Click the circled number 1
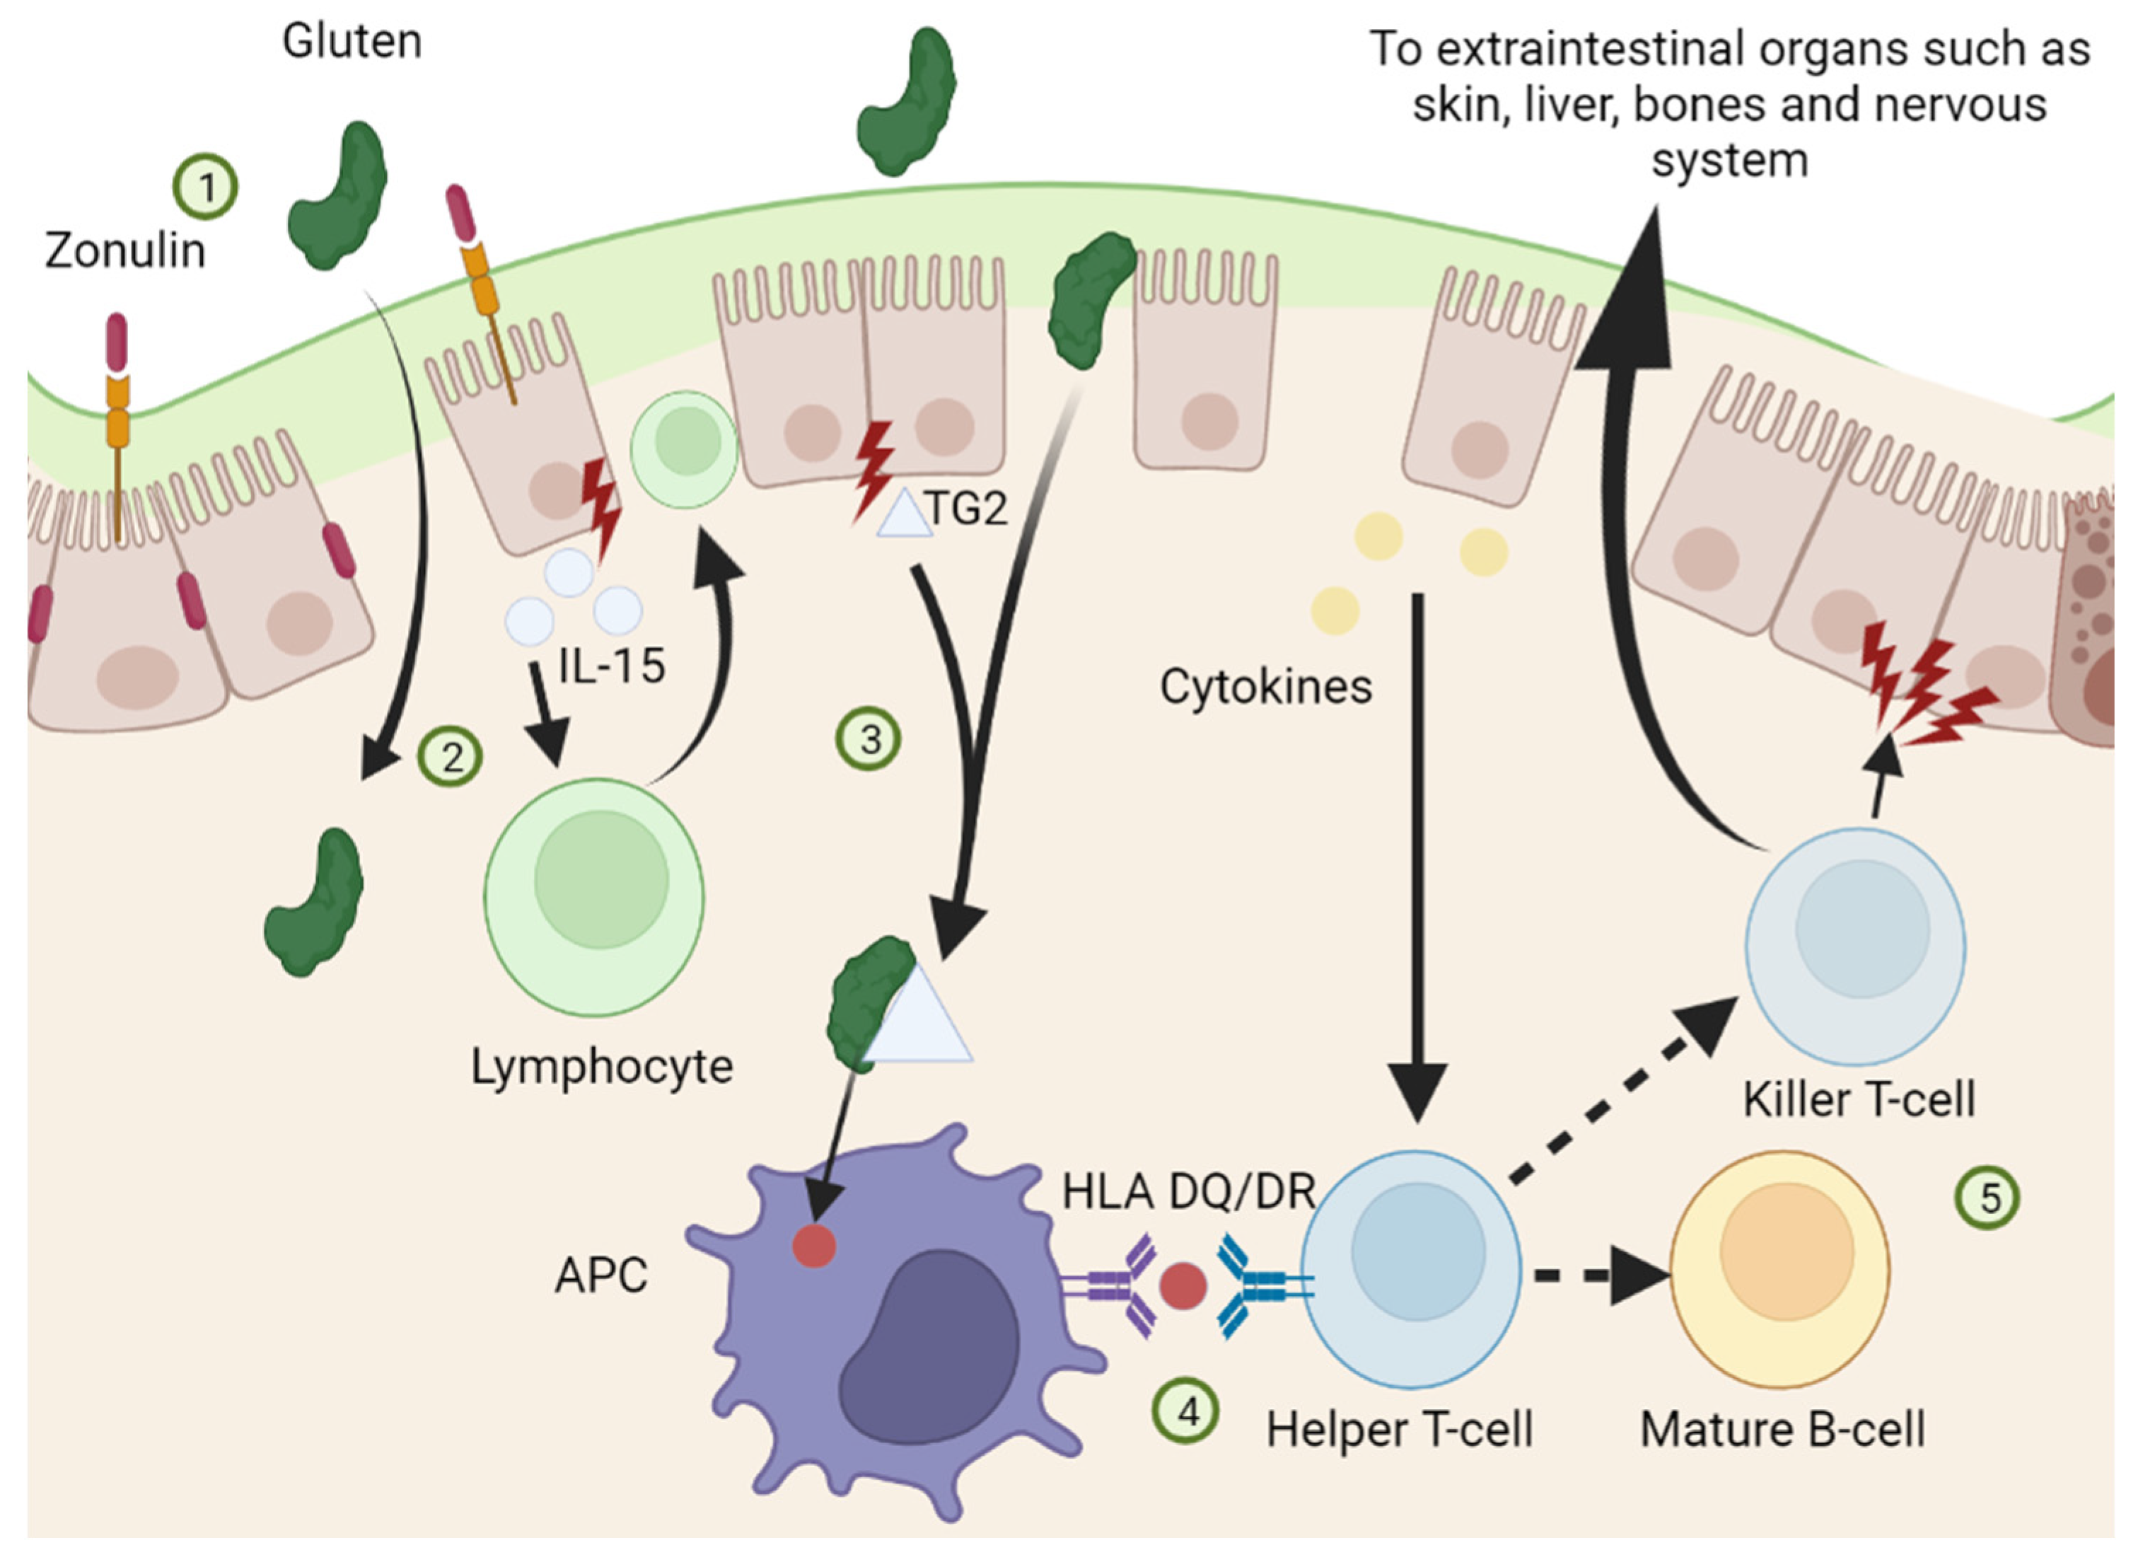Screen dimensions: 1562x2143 pyautogui.click(x=205, y=186)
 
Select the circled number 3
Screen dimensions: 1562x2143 pyautogui.click(x=869, y=739)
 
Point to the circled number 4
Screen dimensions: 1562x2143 pyautogui.click(x=1185, y=1411)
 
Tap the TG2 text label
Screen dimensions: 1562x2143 pyautogui.click(x=966, y=509)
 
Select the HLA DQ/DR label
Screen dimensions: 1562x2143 pyautogui.click(x=1189, y=1191)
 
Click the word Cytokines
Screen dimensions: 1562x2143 pyautogui.click(x=1266, y=686)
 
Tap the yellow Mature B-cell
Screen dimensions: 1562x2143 pyautogui.click(x=1780, y=1269)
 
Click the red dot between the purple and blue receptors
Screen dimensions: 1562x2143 pyautogui.click(x=1183, y=1287)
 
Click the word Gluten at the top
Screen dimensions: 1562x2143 pyautogui.click(x=352, y=42)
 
